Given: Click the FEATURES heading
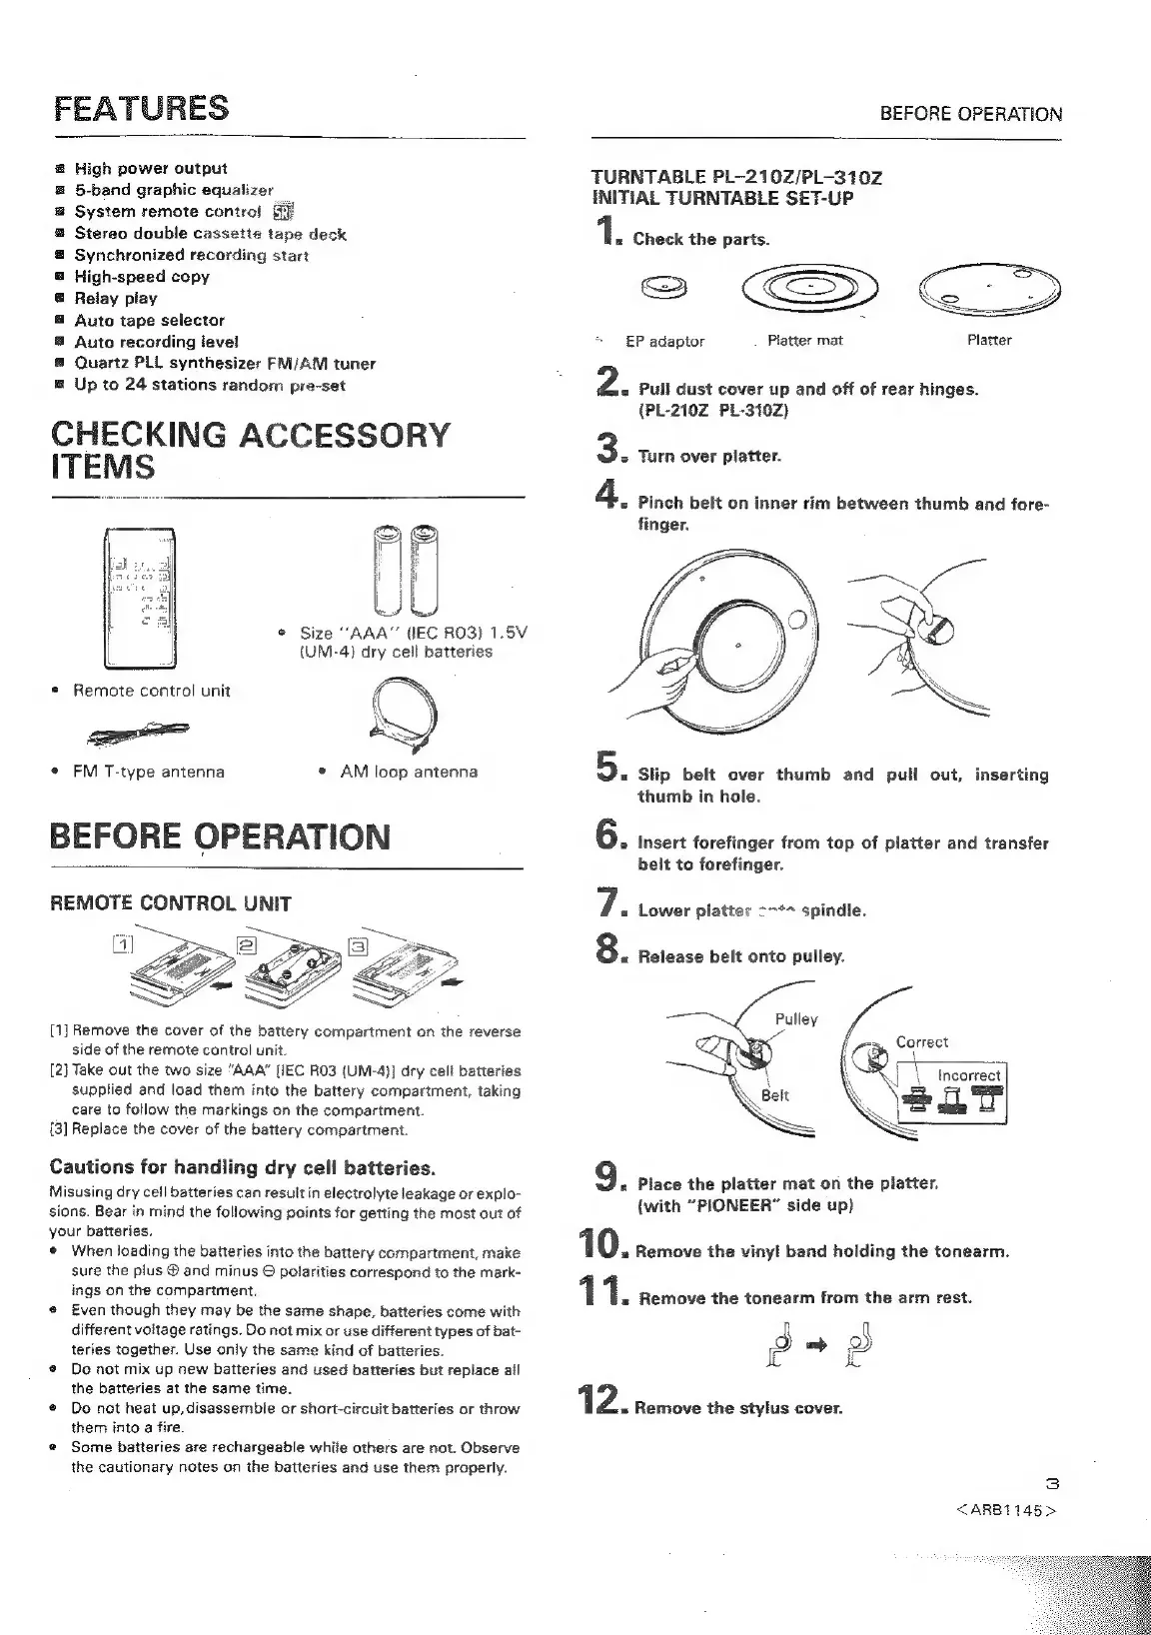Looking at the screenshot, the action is pyautogui.click(x=141, y=108).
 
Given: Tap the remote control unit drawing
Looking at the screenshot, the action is pyautogui.click(x=141, y=597).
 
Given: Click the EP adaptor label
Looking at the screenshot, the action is pyautogui.click(x=664, y=341).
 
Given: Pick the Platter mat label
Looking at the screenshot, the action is pyautogui.click(x=804, y=341).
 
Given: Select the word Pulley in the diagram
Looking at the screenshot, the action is pyautogui.click(x=796, y=1019).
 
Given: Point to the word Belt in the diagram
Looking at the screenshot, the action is pyautogui.click(x=775, y=1095).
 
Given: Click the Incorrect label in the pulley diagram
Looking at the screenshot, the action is pyautogui.click(x=968, y=1075).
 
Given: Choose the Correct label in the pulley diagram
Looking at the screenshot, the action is pyautogui.click(x=921, y=1041).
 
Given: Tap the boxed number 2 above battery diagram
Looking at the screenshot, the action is pyautogui.click(x=247, y=945).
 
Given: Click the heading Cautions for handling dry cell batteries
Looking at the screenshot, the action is pyautogui.click(x=243, y=1167).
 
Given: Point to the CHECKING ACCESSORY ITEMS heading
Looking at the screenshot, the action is pyautogui.click(x=250, y=451).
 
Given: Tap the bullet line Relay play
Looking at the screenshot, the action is pyautogui.click(x=116, y=298).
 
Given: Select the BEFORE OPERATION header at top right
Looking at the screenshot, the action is pyautogui.click(x=971, y=114).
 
